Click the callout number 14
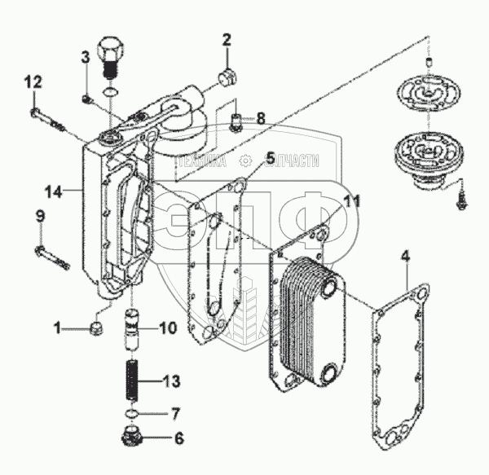[x=52, y=191]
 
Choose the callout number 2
[x=227, y=38]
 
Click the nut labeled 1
[x=95, y=329]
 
